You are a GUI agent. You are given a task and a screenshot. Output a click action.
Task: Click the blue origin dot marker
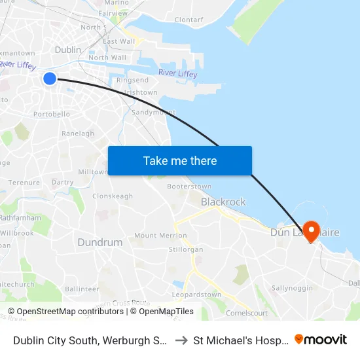(x=50, y=79)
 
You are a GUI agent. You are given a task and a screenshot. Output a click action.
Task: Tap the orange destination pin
(x=310, y=229)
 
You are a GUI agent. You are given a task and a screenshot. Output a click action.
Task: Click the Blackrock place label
(x=223, y=202)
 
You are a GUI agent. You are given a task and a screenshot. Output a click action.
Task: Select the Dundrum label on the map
(x=99, y=242)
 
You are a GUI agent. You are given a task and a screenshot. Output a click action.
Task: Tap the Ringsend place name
(x=132, y=80)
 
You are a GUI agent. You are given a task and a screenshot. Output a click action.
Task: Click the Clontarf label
(x=189, y=20)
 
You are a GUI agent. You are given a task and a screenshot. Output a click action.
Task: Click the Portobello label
(x=52, y=114)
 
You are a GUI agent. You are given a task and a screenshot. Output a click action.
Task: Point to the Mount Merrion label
(x=160, y=236)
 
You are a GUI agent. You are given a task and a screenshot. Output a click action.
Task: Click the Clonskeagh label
(x=113, y=196)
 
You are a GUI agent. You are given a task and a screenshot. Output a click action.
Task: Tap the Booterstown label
(x=189, y=186)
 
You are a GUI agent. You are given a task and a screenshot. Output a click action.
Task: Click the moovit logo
(x=320, y=339)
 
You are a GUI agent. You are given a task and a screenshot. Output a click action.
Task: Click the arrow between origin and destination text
(x=181, y=340)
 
